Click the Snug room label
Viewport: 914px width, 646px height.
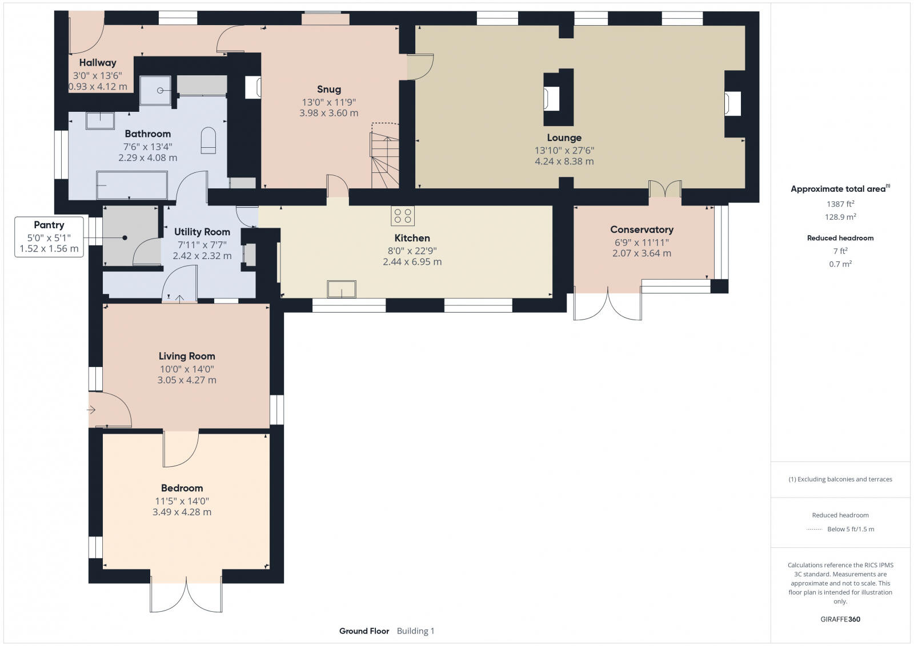click(x=329, y=89)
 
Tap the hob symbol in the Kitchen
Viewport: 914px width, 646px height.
click(x=402, y=216)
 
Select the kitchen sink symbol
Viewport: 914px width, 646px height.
click(x=342, y=289)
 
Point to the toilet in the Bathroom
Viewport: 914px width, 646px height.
click(x=208, y=140)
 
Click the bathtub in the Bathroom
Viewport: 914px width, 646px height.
click(x=132, y=185)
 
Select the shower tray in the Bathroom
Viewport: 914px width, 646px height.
click(x=155, y=91)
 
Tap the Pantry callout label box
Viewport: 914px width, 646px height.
click(x=49, y=237)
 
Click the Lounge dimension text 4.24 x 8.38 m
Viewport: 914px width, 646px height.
click(x=564, y=161)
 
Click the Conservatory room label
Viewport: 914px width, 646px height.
click(x=642, y=229)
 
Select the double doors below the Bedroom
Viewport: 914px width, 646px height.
click(x=186, y=595)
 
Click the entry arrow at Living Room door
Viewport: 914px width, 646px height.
click(x=91, y=409)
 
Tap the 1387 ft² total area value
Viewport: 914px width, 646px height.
click(x=840, y=204)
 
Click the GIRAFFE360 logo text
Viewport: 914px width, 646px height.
click(x=840, y=619)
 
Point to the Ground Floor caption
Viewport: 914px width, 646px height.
click(x=364, y=631)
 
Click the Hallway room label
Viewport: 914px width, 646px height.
click(x=98, y=63)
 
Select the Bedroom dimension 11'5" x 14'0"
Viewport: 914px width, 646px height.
click(x=182, y=501)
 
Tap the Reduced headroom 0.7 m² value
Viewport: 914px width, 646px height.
click(x=840, y=264)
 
